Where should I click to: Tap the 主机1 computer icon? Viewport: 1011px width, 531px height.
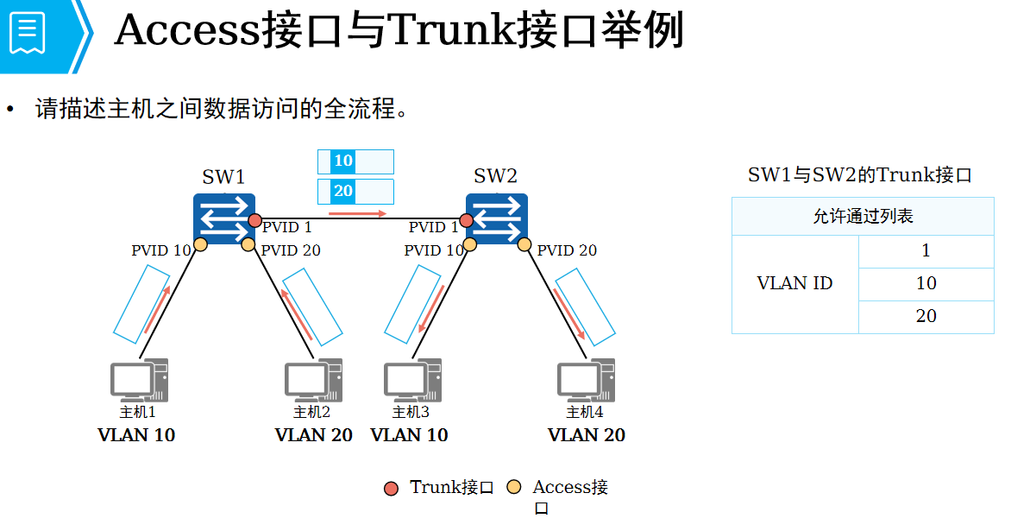click(x=138, y=381)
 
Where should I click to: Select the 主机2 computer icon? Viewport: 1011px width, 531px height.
click(x=313, y=381)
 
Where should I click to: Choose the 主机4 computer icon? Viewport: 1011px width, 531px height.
click(x=586, y=381)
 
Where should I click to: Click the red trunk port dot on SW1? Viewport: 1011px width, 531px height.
click(x=254, y=220)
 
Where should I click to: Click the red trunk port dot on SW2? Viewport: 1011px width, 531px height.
click(x=467, y=220)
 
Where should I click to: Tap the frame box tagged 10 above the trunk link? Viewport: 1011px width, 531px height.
click(x=355, y=161)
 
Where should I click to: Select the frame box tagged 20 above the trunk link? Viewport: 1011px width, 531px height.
click(x=355, y=192)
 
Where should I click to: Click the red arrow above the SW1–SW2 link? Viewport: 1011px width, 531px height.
click(x=357, y=212)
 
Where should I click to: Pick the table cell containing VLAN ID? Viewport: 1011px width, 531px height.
click(x=794, y=284)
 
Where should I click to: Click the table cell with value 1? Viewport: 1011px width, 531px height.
click(x=926, y=251)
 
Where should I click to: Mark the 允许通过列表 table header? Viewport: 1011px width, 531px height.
click(x=863, y=216)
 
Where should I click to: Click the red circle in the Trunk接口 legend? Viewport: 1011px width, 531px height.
click(x=392, y=489)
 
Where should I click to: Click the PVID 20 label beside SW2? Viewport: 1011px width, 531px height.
click(x=567, y=250)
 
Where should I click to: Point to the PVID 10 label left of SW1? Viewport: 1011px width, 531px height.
click(x=160, y=250)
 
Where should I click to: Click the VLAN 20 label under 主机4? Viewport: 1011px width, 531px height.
click(x=587, y=435)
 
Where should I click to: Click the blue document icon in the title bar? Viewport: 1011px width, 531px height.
click(x=28, y=33)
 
